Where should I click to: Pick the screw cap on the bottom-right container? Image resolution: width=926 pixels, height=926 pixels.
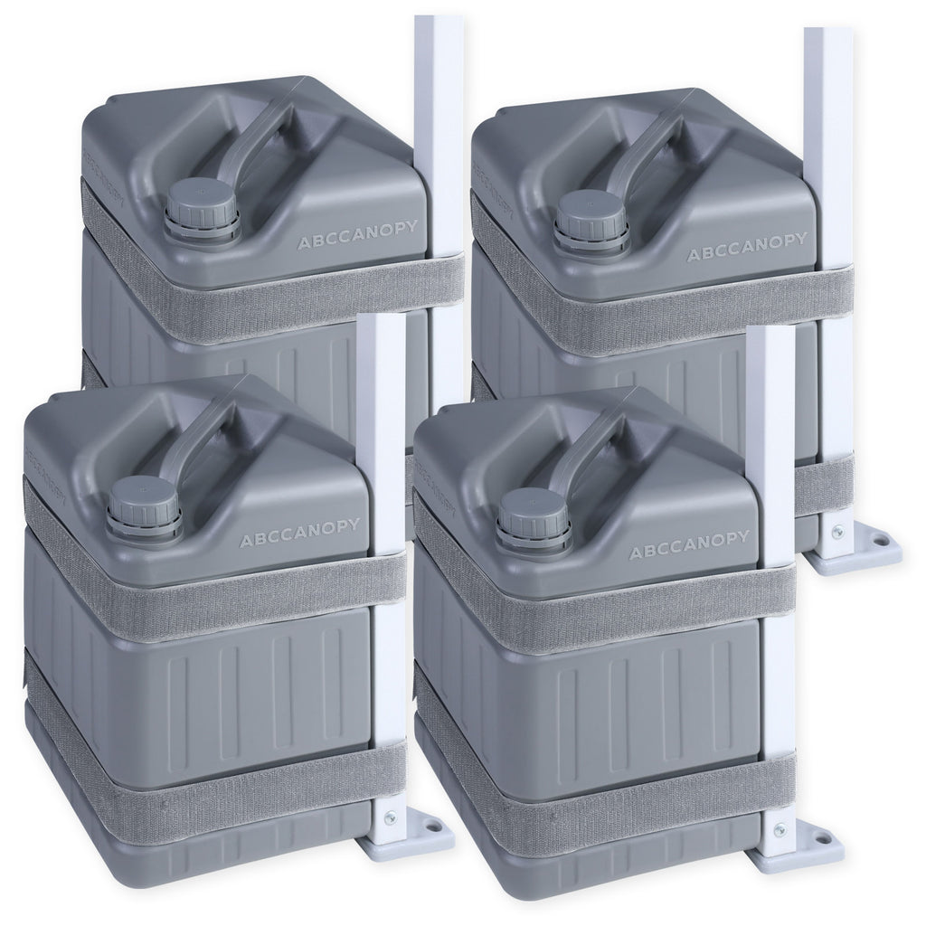click(x=534, y=519)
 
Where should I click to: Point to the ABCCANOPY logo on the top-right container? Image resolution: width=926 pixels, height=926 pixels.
click(x=747, y=246)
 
